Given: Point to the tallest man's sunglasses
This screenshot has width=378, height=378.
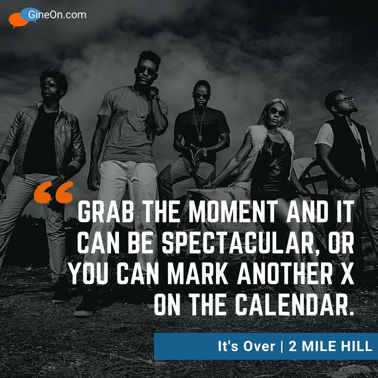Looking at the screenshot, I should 146,70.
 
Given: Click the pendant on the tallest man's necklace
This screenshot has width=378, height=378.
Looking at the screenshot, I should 139,119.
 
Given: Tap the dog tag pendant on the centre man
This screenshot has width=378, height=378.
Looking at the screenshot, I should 200,138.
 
